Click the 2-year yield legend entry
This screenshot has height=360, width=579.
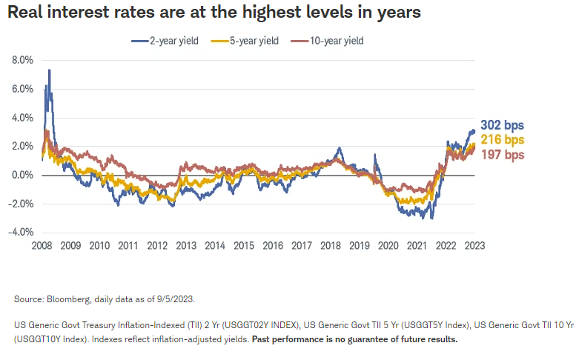point(170,40)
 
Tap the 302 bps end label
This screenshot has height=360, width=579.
point(502,125)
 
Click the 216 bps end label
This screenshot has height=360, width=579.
point(502,140)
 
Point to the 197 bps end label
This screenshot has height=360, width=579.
point(502,155)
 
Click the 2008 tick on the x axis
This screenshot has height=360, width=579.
point(42,246)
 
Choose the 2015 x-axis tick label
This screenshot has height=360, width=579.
point(244,246)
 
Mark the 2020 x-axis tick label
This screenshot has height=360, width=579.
point(388,246)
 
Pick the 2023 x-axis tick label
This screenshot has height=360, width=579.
point(475,246)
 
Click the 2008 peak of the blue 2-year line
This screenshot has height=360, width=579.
point(49,70)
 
